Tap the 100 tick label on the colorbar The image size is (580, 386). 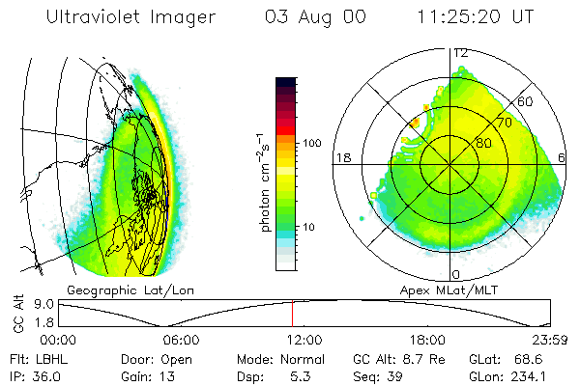(311, 143)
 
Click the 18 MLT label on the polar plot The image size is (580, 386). (341, 157)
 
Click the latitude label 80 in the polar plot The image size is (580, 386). (482, 144)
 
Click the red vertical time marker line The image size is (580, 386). (292, 314)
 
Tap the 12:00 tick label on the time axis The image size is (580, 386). (304, 341)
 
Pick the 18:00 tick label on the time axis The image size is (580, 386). (426, 341)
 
